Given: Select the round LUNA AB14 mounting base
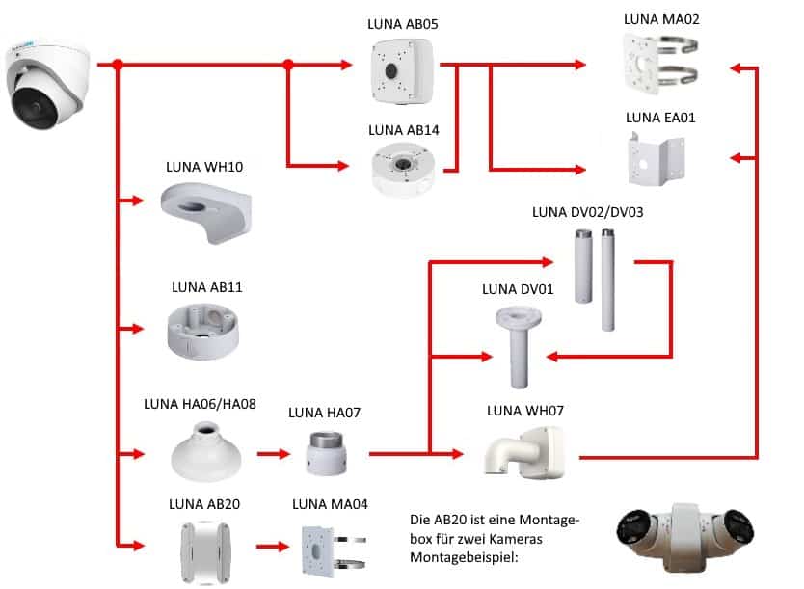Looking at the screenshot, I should tap(403, 169).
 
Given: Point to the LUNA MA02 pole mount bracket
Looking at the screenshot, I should tap(662, 67).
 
